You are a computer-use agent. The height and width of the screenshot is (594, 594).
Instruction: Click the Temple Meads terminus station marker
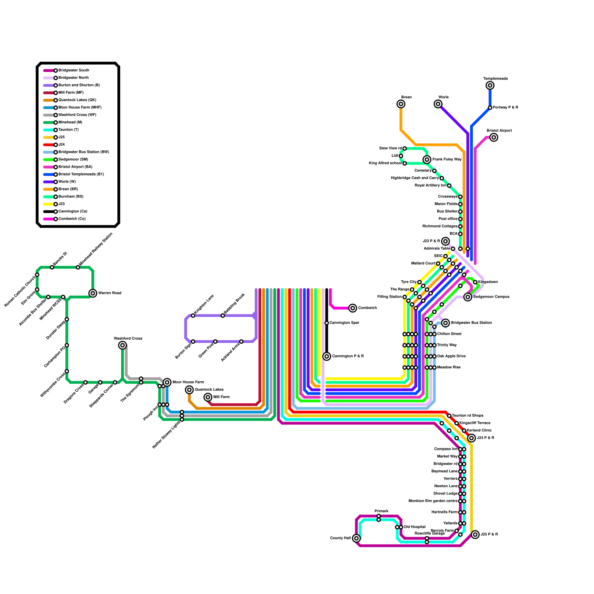click(490, 85)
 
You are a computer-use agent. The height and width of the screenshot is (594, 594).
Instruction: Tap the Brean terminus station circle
click(401, 104)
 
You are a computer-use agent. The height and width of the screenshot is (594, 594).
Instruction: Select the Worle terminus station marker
click(438, 104)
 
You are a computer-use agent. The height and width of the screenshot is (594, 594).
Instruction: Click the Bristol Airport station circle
click(494, 137)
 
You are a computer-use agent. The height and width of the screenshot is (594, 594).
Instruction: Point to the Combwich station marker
click(353, 308)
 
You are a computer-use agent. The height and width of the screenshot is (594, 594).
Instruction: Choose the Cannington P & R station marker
click(327, 356)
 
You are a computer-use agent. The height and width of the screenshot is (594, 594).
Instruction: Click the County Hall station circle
click(356, 538)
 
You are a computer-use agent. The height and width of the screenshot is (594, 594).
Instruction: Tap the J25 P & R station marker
click(475, 535)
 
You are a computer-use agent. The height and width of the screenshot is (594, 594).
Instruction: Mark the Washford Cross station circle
click(123, 345)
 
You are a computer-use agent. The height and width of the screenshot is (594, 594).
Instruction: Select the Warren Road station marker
click(93, 293)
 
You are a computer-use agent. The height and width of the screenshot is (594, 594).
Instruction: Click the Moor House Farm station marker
click(167, 382)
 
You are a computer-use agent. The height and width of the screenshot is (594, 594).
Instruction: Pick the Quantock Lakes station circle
click(189, 390)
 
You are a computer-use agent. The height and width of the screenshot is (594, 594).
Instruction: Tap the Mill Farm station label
click(222, 397)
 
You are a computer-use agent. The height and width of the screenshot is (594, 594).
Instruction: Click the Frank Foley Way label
click(447, 160)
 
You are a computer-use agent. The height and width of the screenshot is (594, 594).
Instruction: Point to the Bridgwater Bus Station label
click(471, 323)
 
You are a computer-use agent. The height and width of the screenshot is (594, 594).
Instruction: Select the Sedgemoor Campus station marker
click(468, 297)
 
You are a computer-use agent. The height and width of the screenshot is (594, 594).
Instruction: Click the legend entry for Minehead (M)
click(71, 123)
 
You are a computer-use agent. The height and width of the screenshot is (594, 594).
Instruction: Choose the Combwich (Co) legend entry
click(72, 219)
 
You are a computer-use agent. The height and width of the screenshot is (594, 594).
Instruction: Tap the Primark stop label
click(381, 511)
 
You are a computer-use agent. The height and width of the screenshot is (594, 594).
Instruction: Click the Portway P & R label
click(505, 108)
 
